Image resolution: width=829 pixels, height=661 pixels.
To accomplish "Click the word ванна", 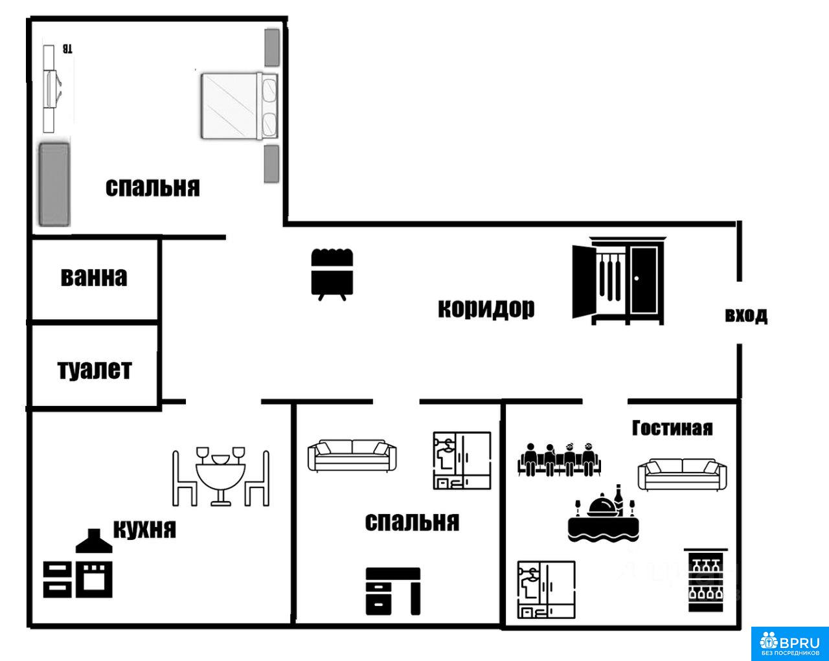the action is point(94,277).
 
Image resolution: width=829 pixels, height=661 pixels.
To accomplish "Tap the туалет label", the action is point(95,370).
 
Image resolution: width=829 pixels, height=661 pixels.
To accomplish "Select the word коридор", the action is point(486,309).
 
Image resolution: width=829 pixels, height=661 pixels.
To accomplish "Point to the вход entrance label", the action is point(746,315).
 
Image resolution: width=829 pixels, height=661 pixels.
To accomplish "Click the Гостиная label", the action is point(672,429).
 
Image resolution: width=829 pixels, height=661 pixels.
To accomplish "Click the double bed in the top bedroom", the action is point(239,106).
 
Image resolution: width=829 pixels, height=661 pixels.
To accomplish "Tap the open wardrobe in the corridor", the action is point(619,281).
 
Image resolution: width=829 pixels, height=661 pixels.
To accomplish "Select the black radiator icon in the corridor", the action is point(332,274).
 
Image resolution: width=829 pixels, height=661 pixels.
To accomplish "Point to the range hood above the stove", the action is point(94,541).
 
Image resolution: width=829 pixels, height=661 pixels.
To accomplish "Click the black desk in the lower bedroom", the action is point(393,591).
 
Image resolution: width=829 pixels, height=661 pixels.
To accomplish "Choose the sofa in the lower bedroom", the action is point(352,456).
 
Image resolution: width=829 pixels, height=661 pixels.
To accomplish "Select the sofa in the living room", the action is point(682,475).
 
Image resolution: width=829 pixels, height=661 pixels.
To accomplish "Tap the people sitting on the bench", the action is point(559,460).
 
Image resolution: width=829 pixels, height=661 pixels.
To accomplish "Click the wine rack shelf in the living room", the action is point(706,580).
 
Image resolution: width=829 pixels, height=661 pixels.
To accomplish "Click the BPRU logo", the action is point(789,644).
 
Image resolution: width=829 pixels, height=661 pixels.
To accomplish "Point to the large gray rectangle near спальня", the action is point(54,185).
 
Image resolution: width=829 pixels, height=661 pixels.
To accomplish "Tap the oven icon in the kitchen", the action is point(94,579).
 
